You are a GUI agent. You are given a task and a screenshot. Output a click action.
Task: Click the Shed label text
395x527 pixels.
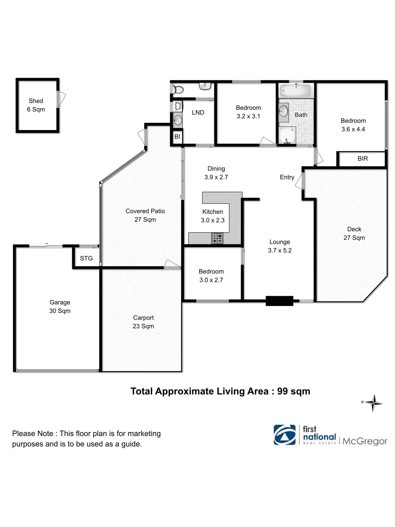(36, 101)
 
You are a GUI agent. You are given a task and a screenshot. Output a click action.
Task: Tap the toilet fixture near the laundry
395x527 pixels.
(178, 90)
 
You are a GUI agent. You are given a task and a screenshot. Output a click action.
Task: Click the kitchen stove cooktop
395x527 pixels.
(217, 238)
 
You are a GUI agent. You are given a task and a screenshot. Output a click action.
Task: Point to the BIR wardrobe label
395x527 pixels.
(363, 159)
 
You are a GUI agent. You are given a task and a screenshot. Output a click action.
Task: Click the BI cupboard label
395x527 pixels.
(177, 137)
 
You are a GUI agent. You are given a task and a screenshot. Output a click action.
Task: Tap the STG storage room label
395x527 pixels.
(86, 258)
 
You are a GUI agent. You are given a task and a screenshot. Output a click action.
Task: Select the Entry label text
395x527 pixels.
(287, 177)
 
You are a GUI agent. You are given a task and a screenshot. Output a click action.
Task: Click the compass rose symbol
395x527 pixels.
(374, 403)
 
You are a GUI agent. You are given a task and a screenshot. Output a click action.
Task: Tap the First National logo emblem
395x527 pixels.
(284, 435)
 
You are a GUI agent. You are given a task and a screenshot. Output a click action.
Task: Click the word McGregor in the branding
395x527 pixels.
(365, 441)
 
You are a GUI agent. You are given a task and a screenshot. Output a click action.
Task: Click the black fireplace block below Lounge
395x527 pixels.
(279, 301)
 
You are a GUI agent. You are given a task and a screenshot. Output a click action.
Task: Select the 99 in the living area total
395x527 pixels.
(282, 391)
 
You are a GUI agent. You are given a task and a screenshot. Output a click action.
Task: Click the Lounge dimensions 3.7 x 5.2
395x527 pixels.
(280, 250)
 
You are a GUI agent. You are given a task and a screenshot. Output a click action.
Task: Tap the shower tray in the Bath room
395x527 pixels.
(287, 135)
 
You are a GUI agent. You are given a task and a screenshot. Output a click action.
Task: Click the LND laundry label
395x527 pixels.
(198, 113)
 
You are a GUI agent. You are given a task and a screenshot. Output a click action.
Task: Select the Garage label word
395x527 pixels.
(60, 302)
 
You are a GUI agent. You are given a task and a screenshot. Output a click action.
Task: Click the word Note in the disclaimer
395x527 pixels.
(46, 434)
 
